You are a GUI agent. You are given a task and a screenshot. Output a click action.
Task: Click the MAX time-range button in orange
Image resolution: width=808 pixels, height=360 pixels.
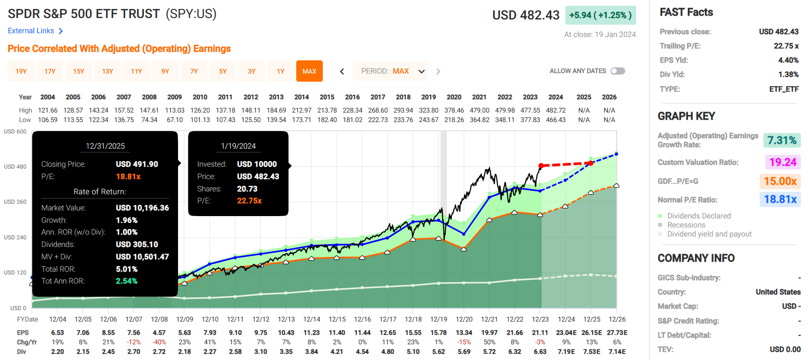(x=309, y=71)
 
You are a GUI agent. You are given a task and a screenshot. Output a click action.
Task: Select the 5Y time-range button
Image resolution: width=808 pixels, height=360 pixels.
(x=223, y=71)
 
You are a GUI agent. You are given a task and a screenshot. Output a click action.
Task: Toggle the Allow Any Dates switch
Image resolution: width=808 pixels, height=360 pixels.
(x=618, y=71)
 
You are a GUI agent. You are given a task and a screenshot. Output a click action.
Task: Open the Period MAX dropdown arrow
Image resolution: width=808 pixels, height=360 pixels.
(x=421, y=71)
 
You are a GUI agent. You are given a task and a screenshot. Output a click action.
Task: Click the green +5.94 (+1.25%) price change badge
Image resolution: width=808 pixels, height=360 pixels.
(x=600, y=15)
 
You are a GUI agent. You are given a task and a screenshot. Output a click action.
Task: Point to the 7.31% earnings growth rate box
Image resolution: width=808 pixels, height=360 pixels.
(x=781, y=140)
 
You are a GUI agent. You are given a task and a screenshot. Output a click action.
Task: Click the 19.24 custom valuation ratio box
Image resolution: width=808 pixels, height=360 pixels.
(x=782, y=162)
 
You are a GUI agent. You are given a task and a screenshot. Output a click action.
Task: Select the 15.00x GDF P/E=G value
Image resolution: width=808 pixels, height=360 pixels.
(x=780, y=181)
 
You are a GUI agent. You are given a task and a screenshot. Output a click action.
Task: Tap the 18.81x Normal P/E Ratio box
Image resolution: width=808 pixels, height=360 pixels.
(x=780, y=199)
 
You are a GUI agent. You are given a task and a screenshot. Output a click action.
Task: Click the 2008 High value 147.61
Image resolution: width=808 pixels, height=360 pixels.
(x=149, y=110)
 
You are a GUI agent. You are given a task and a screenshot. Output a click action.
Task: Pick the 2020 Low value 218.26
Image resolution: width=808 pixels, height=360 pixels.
(x=454, y=120)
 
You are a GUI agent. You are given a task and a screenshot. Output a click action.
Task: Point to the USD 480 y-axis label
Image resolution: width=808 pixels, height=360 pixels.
(x=15, y=167)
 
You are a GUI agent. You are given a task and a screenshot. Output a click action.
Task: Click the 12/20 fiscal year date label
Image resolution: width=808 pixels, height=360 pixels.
(x=464, y=319)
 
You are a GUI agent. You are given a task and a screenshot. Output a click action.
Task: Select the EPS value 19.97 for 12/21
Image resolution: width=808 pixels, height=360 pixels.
(x=489, y=332)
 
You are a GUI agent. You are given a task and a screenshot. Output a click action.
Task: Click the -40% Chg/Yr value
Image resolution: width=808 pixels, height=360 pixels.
(x=159, y=342)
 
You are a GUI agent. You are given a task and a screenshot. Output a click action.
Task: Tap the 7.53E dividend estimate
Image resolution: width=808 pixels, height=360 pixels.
(x=592, y=351)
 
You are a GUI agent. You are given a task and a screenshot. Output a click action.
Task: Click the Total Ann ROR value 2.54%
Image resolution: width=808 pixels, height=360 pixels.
(x=127, y=281)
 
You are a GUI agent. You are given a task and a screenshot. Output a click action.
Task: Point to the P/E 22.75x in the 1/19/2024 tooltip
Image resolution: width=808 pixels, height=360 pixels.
(x=249, y=201)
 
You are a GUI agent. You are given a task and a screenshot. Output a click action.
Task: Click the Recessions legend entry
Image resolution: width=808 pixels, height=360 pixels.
(x=686, y=225)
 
